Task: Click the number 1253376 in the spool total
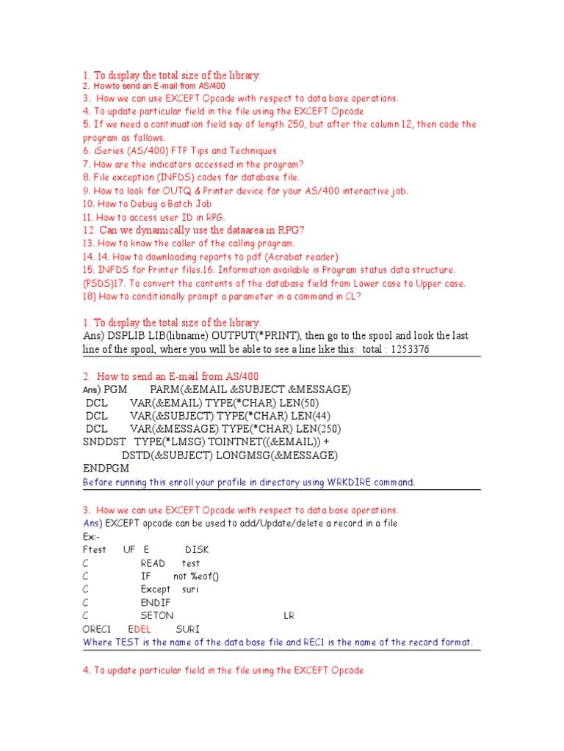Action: tap(405, 349)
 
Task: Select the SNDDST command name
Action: tap(104, 442)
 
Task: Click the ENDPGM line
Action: tap(105, 469)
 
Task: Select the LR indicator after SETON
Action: tap(289, 616)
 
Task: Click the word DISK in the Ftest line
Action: tap(197, 549)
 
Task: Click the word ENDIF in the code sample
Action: tap(156, 603)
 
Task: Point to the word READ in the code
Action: tap(153, 563)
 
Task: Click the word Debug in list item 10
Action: tap(145, 204)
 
